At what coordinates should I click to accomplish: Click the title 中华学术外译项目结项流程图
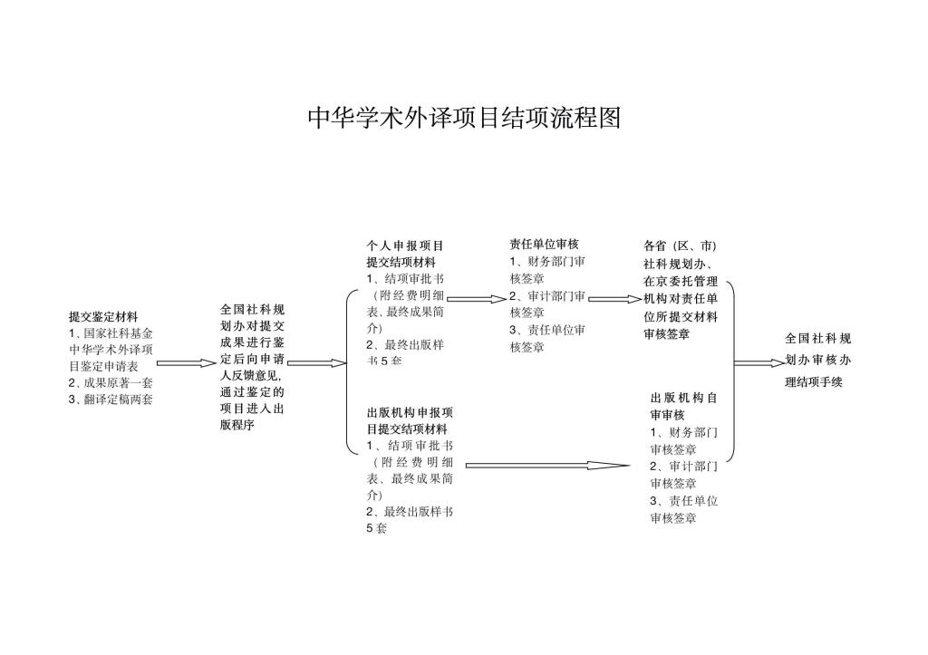point(464,118)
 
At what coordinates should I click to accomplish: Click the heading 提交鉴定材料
point(103,317)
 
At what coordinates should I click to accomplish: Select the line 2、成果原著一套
point(111,382)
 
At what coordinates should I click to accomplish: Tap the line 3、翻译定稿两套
point(111,399)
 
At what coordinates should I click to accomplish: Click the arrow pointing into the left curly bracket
point(317,363)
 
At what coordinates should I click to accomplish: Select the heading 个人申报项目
point(405,246)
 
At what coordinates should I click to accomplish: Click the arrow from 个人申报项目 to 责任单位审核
point(475,298)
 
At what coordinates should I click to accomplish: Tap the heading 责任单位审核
point(544,244)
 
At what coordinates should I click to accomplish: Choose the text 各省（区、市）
point(680,246)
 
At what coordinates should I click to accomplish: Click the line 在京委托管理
point(681,281)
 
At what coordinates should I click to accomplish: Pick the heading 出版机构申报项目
point(410,412)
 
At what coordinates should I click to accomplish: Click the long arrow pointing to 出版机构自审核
point(547,466)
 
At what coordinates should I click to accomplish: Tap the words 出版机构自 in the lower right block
point(684,398)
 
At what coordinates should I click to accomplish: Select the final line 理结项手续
point(814,382)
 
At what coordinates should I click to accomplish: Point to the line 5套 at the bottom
point(376,529)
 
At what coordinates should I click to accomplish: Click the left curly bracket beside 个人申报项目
point(349,371)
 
